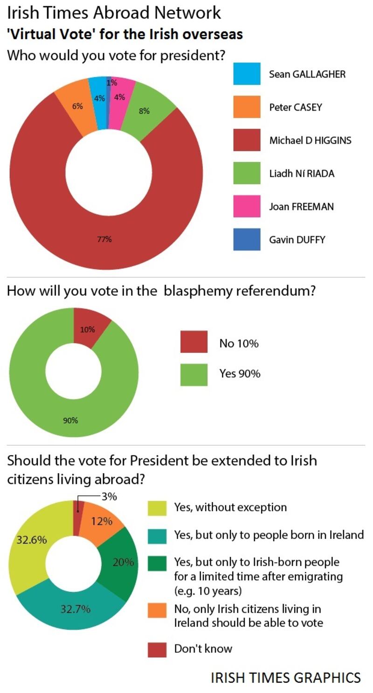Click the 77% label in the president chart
[x=104, y=239]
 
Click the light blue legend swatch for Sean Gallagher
[x=247, y=74]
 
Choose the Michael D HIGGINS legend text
[x=310, y=140]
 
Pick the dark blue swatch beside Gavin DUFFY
[x=247, y=239]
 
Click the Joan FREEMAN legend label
[x=301, y=206]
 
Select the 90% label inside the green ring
[x=70, y=420]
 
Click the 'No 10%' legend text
[x=239, y=344]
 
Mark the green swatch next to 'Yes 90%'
[x=194, y=374]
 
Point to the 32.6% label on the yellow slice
[x=32, y=540]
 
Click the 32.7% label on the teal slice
[x=75, y=609]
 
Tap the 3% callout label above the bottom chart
[x=109, y=497]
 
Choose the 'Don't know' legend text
[x=203, y=649]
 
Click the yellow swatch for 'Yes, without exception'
[x=157, y=508]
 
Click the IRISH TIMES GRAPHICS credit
[x=285, y=677]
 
